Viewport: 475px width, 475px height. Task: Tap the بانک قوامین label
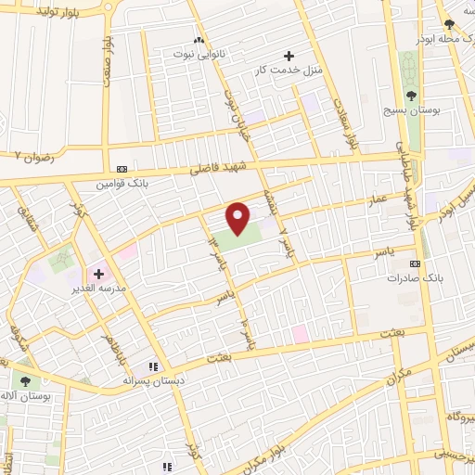(x=122, y=183)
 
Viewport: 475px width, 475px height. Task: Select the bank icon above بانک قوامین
(x=122, y=169)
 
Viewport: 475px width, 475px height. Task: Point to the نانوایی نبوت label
(x=199, y=54)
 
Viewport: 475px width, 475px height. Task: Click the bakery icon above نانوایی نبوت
(x=199, y=40)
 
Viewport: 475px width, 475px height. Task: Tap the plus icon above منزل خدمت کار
(x=289, y=56)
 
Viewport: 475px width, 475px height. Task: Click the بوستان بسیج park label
(x=412, y=109)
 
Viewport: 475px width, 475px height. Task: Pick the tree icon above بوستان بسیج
(x=412, y=95)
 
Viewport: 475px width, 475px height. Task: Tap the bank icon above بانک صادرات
(x=415, y=263)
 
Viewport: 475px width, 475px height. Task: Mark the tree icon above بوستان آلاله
(x=25, y=380)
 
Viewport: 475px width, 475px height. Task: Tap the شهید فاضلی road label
(x=215, y=167)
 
